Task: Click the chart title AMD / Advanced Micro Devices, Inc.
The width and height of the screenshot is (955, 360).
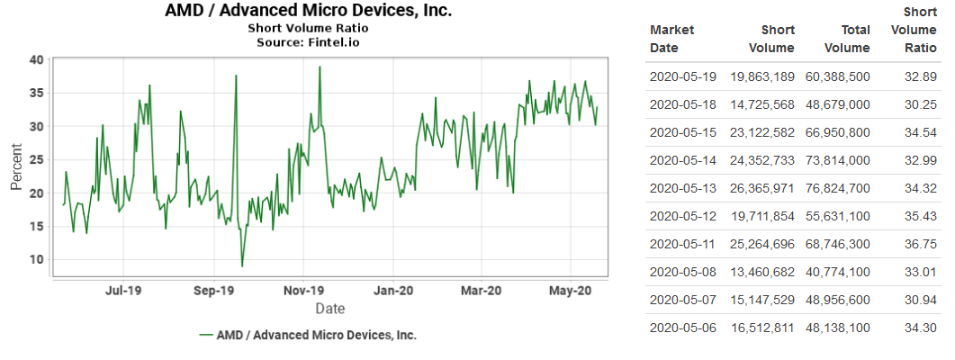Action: [x=309, y=11]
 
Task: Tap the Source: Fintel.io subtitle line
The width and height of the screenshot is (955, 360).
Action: [x=309, y=41]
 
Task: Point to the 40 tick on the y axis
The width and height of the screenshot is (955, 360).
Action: [x=37, y=59]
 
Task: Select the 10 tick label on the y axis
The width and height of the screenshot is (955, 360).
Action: [x=37, y=259]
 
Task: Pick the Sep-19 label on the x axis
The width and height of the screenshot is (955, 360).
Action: [x=214, y=291]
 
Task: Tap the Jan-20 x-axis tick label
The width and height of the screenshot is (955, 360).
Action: [x=393, y=291]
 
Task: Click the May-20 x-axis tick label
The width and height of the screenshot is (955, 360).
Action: [x=572, y=291]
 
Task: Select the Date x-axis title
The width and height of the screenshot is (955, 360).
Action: [x=329, y=309]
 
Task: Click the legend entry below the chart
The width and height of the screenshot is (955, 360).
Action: [x=308, y=335]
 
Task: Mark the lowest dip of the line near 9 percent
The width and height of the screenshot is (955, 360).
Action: [x=242, y=265]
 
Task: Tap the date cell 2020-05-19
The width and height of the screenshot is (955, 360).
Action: [x=682, y=76]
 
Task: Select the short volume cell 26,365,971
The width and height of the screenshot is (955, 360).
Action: [x=761, y=188]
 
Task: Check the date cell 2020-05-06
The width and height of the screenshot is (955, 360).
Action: [x=682, y=328]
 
